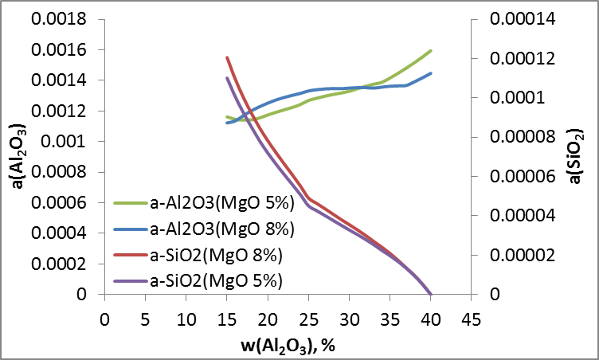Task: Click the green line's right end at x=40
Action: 431,50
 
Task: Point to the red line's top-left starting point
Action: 227,57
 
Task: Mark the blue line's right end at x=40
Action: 431,73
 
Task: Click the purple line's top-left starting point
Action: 227,78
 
